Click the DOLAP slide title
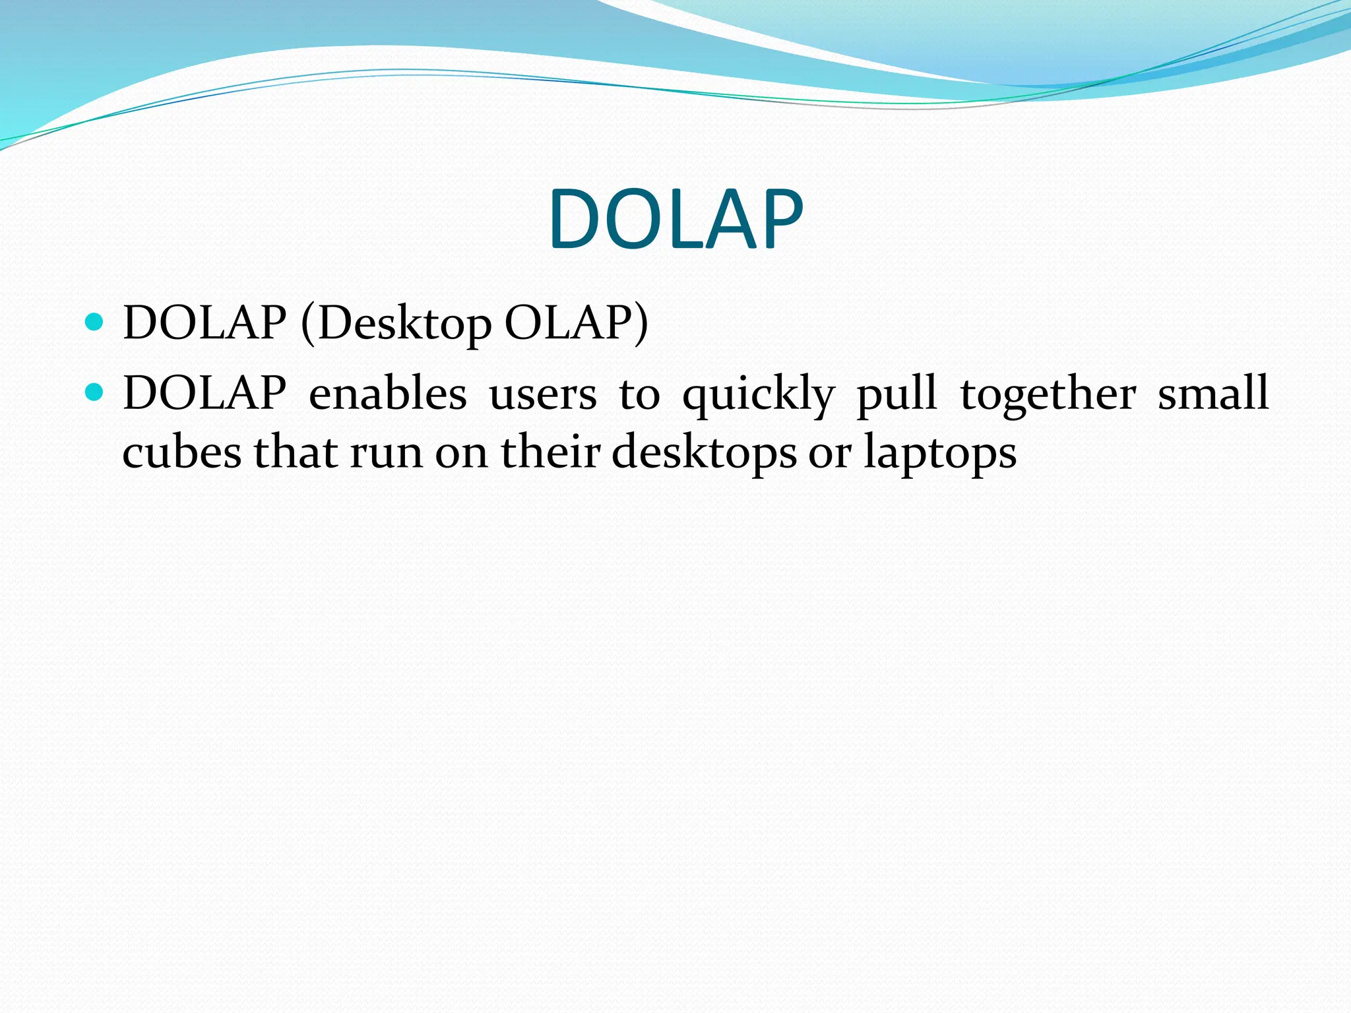675,220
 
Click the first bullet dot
95,322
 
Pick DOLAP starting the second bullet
204,394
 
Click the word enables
387,394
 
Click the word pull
896,394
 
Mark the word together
1048,394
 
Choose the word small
1213,394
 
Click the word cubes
182,453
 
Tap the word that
296,453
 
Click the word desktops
704,453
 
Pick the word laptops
940,453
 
